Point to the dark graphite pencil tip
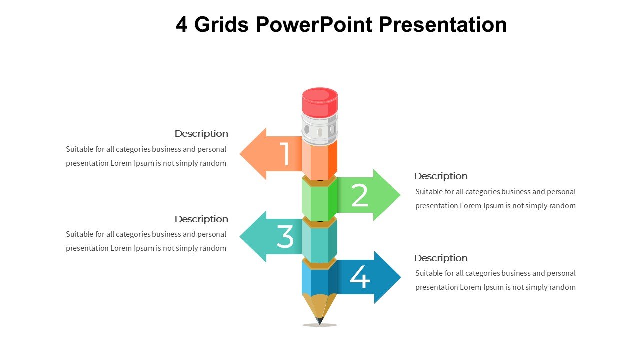pos(320,321)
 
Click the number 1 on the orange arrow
pos(285,154)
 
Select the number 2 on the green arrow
pos(360,195)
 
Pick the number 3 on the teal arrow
pos(285,237)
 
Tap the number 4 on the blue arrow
pos(360,277)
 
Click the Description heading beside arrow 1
pos(201,134)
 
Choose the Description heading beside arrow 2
pos(441,176)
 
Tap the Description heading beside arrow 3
pos(201,219)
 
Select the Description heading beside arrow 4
pos(441,258)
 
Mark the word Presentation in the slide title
pos(443,24)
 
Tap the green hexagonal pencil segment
pos(320,199)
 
